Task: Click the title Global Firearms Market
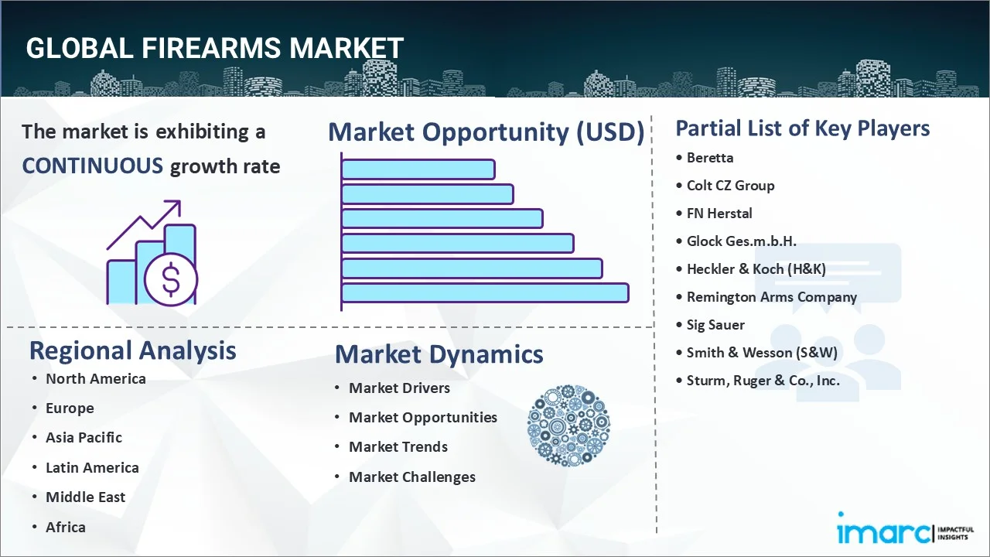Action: coord(214,49)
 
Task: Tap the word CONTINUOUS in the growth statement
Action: coord(93,166)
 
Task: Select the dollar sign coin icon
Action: coord(171,281)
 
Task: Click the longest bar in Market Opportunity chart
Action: coord(485,292)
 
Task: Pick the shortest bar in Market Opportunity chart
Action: coord(418,169)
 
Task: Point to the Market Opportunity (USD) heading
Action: coord(486,132)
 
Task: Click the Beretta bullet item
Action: coord(710,158)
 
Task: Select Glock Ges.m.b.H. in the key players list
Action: coord(741,241)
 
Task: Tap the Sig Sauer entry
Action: coord(715,325)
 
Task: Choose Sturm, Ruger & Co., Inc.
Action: coord(763,381)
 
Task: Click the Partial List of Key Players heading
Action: coord(803,128)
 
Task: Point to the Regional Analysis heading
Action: coord(132,350)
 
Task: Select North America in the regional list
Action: coord(95,379)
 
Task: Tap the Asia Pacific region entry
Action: coord(84,438)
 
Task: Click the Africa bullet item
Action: coord(66,528)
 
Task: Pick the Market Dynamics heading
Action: coord(439,354)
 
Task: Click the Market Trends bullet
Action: coord(398,447)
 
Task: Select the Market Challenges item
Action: coord(411,477)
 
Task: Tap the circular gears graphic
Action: coord(568,425)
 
